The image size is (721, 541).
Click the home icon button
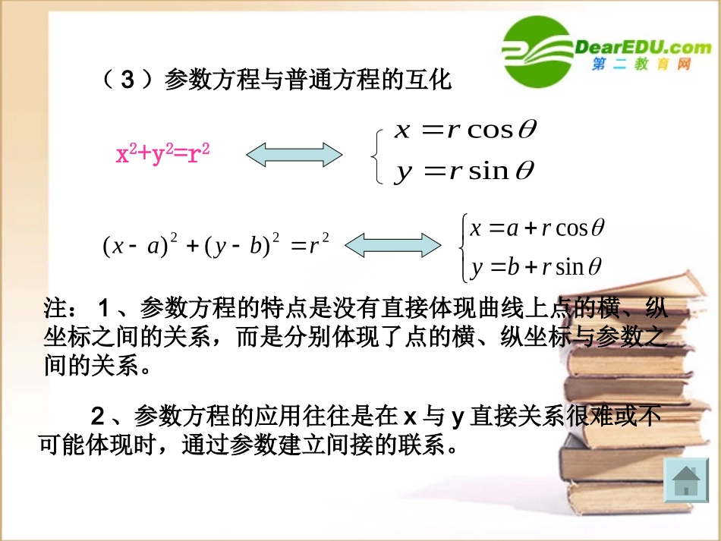tap(685, 480)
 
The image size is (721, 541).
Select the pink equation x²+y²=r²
tap(162, 155)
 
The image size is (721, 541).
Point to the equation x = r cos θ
tap(465, 130)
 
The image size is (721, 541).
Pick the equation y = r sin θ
tap(464, 171)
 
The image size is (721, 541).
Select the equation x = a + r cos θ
tap(537, 228)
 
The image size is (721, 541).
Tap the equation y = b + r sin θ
tap(536, 266)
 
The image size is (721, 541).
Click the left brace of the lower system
tap(462, 247)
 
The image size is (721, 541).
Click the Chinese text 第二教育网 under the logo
tap(642, 66)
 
